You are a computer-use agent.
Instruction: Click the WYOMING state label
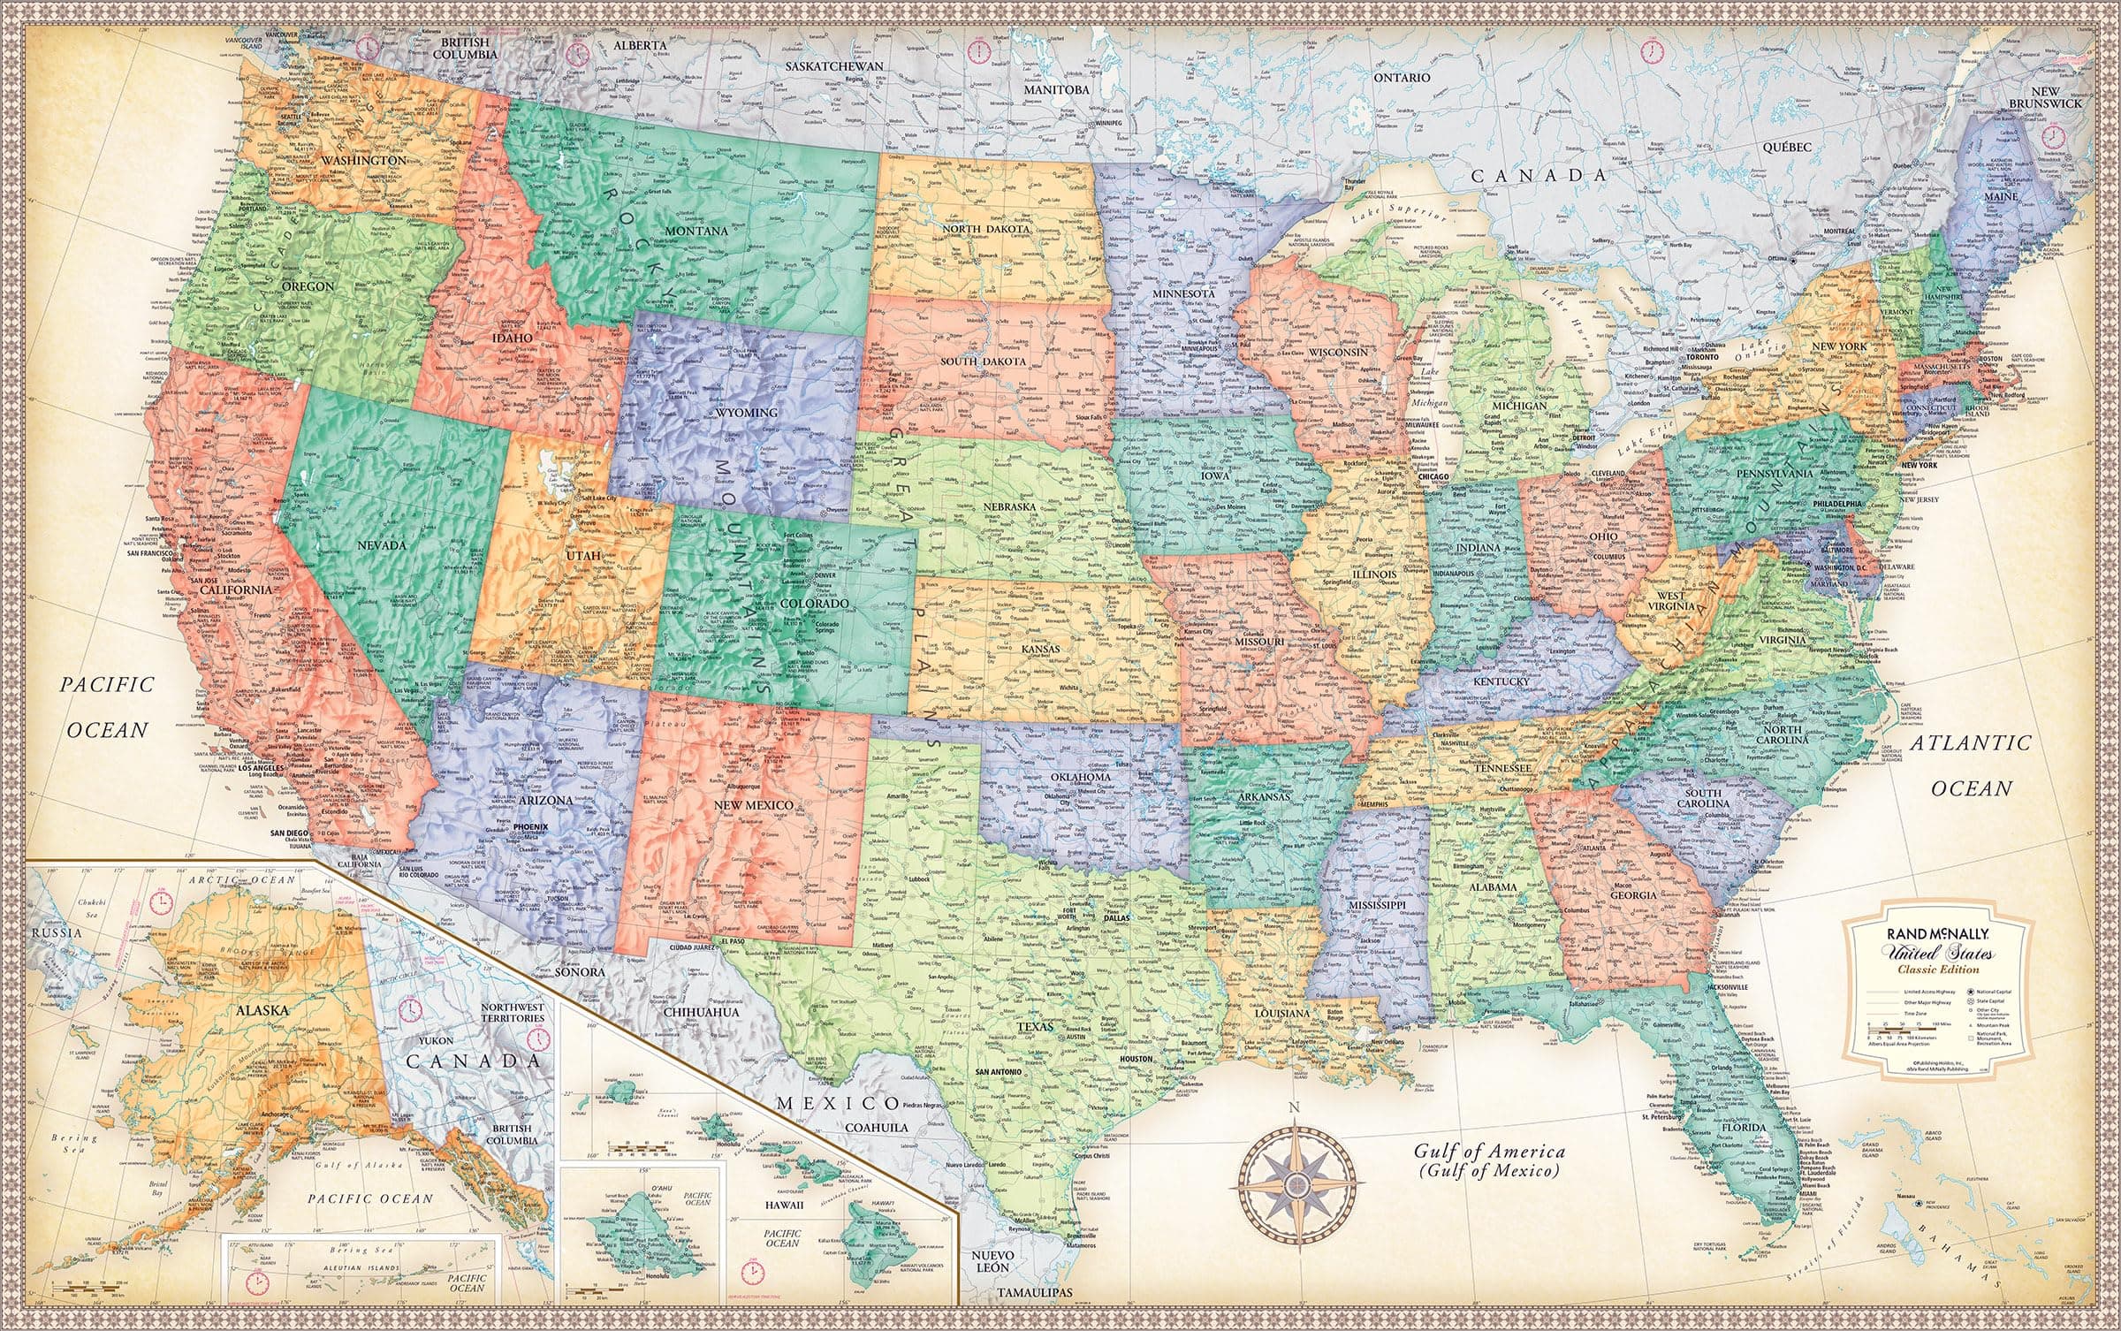point(747,412)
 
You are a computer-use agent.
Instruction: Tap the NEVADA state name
point(381,545)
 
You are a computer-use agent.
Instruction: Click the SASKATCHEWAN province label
point(835,66)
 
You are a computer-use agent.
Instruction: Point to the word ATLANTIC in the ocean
point(1969,743)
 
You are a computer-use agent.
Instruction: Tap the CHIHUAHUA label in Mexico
point(703,1012)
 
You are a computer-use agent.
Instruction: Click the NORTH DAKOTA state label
point(986,230)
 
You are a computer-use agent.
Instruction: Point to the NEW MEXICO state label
point(754,805)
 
